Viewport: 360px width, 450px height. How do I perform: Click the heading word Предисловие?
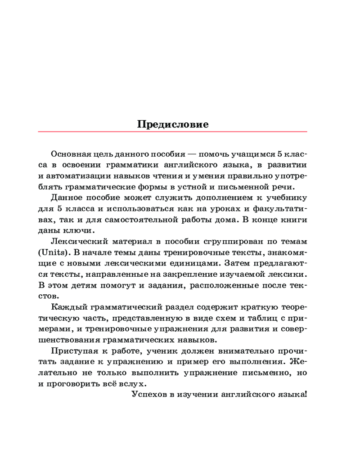pos(173,125)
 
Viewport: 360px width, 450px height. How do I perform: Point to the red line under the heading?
pos(173,131)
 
